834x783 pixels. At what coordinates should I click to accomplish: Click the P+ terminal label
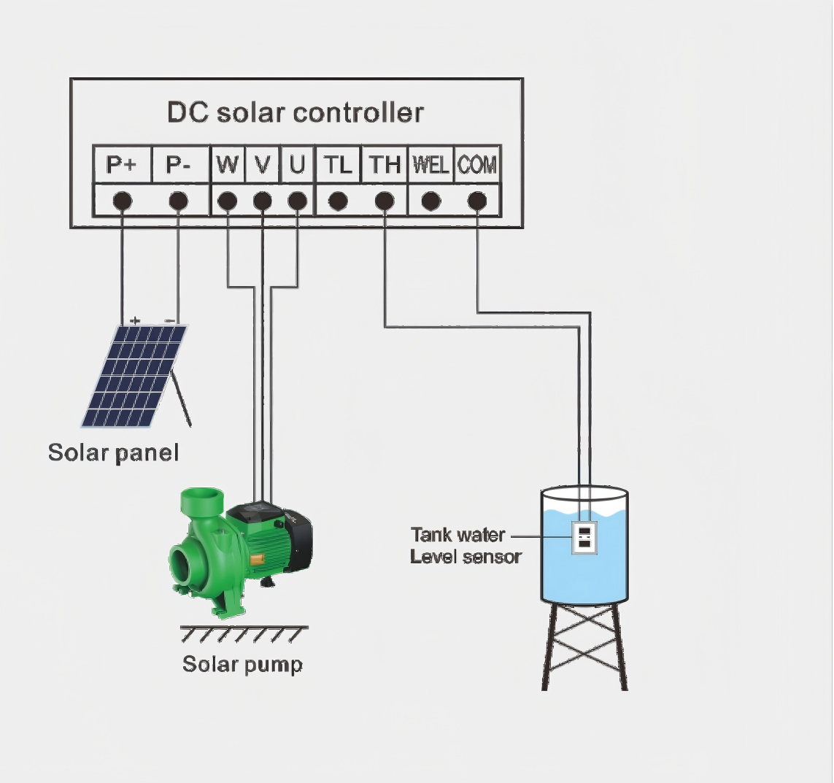[x=121, y=165]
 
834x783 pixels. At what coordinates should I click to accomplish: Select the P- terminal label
[x=178, y=165]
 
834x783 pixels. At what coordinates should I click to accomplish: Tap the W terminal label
[x=227, y=165]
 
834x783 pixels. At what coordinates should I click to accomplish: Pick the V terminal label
[x=262, y=165]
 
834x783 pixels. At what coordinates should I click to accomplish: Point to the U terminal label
[x=296, y=165]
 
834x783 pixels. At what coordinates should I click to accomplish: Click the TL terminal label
[x=337, y=165]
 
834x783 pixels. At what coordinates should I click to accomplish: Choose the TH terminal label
[x=385, y=165]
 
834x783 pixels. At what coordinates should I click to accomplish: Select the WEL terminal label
[x=430, y=165]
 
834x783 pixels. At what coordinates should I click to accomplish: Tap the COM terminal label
[x=477, y=165]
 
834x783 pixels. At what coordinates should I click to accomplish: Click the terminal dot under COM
[x=477, y=201]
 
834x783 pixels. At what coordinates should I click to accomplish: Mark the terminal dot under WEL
[x=431, y=201]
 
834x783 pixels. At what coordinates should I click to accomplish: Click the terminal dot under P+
[x=122, y=201]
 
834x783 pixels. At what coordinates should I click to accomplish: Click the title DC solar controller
[x=296, y=112]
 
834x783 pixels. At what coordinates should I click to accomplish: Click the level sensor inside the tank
[x=584, y=537]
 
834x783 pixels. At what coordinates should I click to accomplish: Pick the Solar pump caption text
[x=242, y=664]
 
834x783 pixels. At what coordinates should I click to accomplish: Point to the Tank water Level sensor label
[x=466, y=546]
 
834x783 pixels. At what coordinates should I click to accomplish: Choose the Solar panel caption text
[x=113, y=452]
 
